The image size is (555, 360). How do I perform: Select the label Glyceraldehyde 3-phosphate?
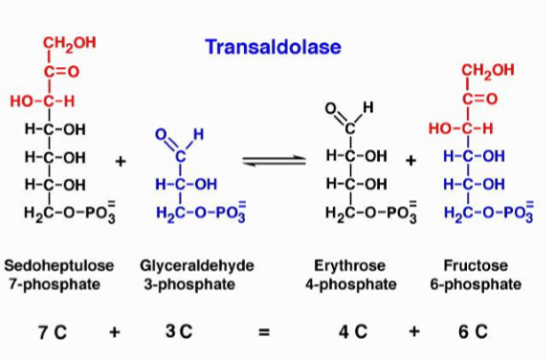(188, 273)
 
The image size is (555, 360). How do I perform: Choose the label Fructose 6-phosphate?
(482, 273)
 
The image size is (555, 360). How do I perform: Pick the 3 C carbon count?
(178, 332)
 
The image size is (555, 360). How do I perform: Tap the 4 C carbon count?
(354, 332)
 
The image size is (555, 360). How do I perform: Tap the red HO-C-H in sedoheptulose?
(43, 100)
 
